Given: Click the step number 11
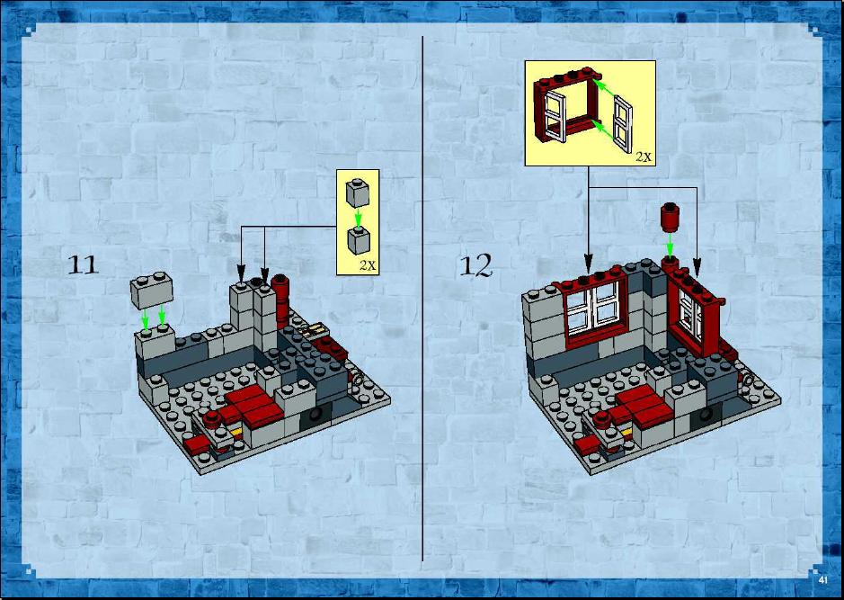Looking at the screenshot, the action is (83, 265).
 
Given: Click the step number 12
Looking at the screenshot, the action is (475, 265).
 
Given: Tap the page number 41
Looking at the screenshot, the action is (822, 580).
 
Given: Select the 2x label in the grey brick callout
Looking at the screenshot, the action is (369, 265).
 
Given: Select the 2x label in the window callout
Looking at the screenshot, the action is (644, 157).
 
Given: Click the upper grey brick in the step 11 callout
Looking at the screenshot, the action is (358, 193).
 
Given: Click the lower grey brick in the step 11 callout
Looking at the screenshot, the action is (359, 240).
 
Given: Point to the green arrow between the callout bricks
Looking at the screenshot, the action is (358, 217).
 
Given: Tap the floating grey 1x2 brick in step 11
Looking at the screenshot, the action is (152, 290).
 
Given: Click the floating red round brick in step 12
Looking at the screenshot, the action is (671, 217).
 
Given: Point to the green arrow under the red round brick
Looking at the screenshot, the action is (670, 245).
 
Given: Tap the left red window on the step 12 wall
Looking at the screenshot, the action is (594, 308).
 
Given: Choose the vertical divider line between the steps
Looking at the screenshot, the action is (422, 299).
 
